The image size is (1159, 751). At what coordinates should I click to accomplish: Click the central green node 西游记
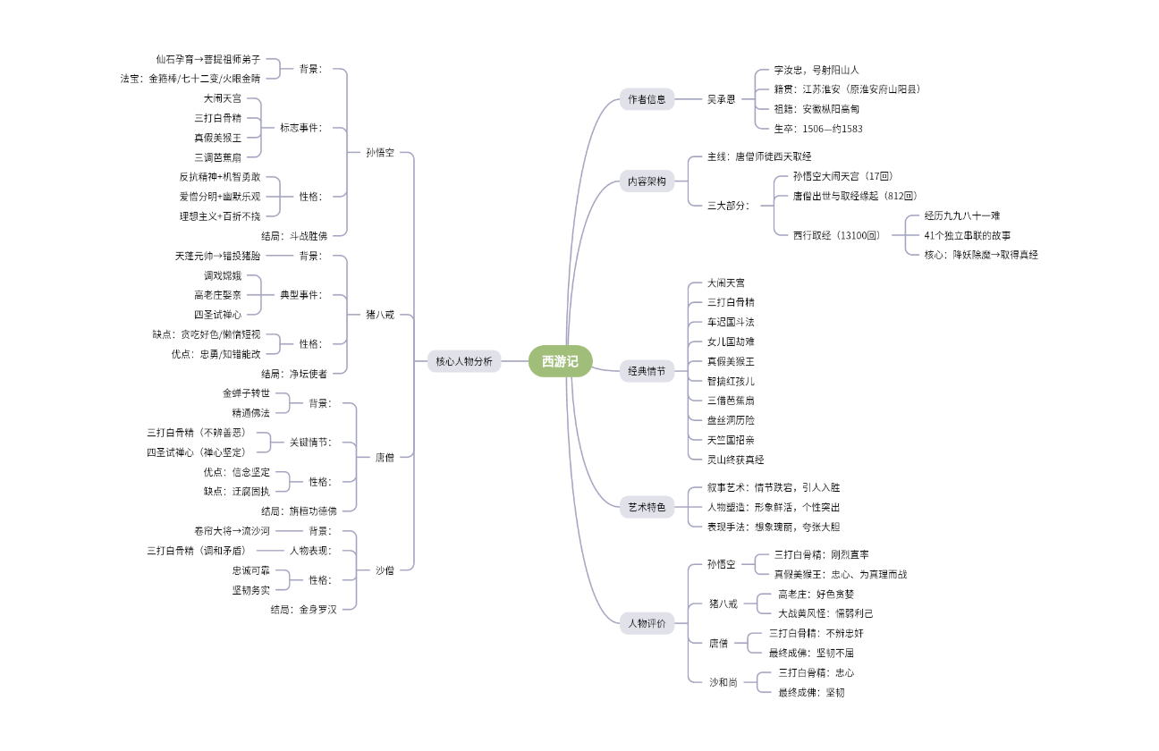coord(560,361)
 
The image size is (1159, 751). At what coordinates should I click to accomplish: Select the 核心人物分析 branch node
coord(463,361)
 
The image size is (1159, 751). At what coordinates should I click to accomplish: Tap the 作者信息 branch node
coord(647,99)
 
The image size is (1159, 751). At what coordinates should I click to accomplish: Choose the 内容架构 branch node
coord(647,181)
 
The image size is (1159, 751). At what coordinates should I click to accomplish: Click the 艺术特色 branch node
coord(647,507)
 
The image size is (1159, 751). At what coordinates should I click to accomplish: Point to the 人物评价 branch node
coord(647,623)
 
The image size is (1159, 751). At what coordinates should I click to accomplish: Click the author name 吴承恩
coord(721,99)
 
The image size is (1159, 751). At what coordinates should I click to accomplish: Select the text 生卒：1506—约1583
coord(817,129)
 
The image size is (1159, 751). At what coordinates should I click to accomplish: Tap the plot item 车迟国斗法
coord(731,322)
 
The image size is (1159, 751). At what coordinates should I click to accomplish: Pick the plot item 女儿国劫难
coord(731,342)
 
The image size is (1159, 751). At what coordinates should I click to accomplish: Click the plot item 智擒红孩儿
coord(731,381)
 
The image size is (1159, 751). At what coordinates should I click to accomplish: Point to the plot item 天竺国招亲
coord(731,440)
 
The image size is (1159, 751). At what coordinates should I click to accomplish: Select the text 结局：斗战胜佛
coord(294,236)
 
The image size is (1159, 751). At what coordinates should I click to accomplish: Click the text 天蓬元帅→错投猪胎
coord(217,256)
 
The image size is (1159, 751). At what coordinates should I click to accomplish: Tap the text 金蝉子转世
coord(246,393)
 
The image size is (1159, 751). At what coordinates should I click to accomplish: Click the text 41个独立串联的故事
coord(967,235)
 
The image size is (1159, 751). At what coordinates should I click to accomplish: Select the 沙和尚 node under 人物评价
coord(723,682)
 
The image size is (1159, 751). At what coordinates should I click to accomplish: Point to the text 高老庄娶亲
coord(217,294)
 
